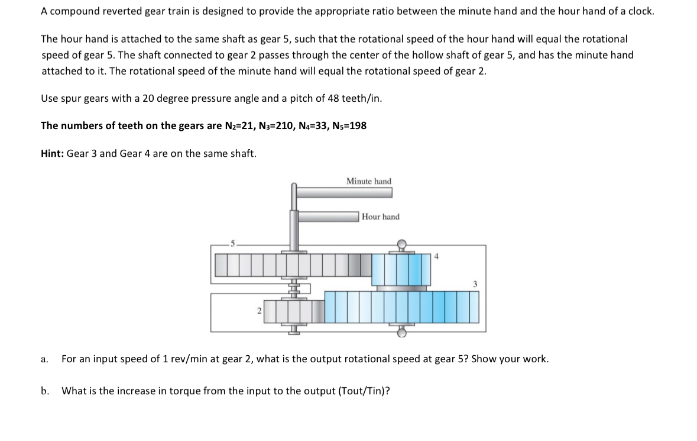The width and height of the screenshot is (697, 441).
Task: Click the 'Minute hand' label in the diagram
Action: (x=368, y=181)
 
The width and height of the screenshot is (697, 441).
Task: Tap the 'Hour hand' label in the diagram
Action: (x=381, y=217)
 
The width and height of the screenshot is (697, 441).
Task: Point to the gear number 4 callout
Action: (x=436, y=256)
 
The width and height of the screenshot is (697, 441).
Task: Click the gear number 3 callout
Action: (x=475, y=284)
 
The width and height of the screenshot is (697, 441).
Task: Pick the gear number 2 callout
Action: (x=259, y=311)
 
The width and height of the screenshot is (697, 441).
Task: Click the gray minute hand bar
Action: (x=345, y=193)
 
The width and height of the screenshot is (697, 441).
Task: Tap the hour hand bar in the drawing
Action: (x=329, y=217)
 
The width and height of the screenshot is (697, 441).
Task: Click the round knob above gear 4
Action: (x=401, y=243)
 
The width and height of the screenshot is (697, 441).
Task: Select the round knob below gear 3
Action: (x=401, y=333)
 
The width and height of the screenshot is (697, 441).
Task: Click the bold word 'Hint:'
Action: (x=53, y=153)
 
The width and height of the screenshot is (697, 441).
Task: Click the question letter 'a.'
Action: (x=44, y=359)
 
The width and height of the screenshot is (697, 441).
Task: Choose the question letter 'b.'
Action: (x=44, y=391)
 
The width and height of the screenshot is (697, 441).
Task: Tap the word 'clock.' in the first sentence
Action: (x=641, y=11)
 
